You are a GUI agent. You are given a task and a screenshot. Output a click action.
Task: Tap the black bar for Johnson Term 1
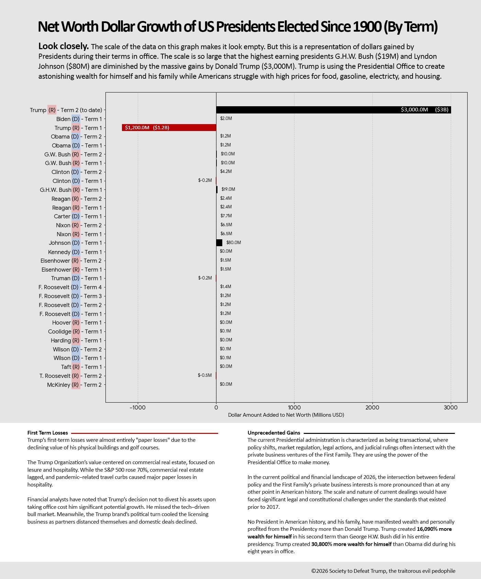click(x=219, y=243)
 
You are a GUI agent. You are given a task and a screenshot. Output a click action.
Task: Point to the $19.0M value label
click(x=228, y=189)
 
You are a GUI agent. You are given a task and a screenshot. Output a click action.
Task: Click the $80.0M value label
click(x=234, y=242)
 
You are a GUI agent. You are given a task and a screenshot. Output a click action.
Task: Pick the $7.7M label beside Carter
click(x=226, y=216)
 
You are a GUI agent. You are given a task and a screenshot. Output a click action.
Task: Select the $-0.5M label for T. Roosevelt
click(x=205, y=375)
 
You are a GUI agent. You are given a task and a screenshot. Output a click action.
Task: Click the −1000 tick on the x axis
click(x=137, y=408)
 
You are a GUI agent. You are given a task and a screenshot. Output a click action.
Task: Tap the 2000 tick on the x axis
click(x=372, y=408)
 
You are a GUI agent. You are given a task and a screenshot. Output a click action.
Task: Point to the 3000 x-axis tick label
click(x=451, y=408)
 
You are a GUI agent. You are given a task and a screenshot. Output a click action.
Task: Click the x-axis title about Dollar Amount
click(x=286, y=415)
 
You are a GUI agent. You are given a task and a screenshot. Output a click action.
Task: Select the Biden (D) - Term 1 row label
click(x=79, y=119)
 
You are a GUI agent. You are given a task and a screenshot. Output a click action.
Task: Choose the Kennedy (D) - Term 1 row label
click(x=75, y=252)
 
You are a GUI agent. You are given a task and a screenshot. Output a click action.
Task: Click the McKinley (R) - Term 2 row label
click(x=74, y=385)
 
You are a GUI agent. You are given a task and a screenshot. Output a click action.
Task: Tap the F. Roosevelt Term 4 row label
click(x=70, y=287)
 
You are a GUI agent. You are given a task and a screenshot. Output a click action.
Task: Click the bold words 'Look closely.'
click(x=64, y=46)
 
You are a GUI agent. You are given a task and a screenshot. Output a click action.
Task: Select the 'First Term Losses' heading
click(x=47, y=433)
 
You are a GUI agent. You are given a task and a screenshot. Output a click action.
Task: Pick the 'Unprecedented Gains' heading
click(x=274, y=433)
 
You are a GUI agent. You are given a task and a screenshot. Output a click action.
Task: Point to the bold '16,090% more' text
click(x=434, y=529)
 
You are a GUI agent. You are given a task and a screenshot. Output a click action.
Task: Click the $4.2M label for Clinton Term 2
click(x=226, y=171)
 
